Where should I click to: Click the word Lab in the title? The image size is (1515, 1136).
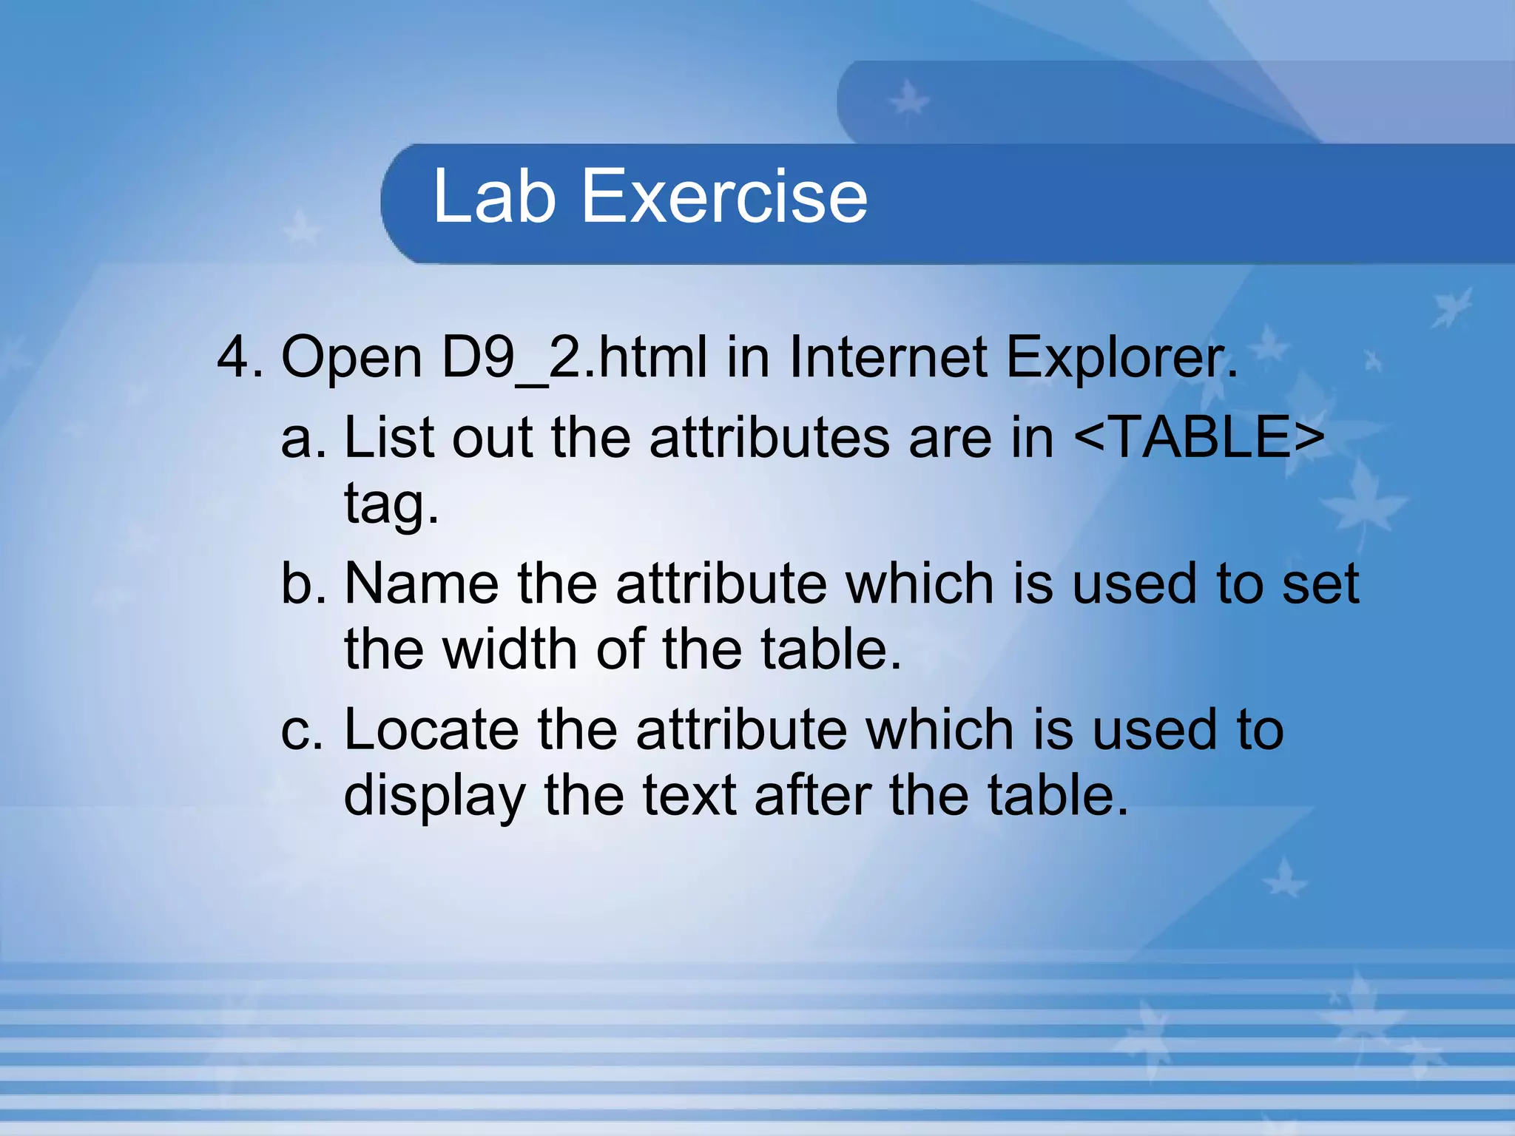coord(494,196)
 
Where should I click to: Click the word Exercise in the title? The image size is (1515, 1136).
coord(724,196)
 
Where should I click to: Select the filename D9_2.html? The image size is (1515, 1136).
coord(574,358)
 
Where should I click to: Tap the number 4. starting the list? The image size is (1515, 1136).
coord(240,358)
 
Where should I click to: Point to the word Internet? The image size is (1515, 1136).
coord(888,358)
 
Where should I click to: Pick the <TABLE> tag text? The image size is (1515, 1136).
coord(1199,437)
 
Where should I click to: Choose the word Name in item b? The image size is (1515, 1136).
coord(422,584)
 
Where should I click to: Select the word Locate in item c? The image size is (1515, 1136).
coord(431,731)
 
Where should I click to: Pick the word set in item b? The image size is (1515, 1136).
coord(1320,584)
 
